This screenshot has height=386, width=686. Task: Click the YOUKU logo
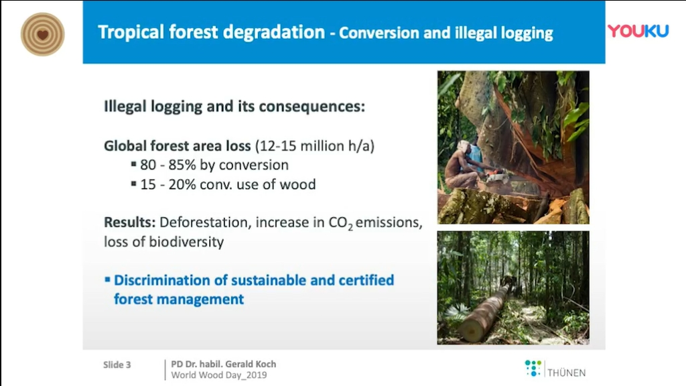pyautogui.click(x=638, y=31)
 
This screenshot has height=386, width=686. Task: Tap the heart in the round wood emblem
pyautogui.click(x=42, y=35)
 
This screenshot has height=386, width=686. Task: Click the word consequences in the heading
pyautogui.click(x=312, y=107)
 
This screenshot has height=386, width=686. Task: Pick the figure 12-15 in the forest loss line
pyautogui.click(x=275, y=145)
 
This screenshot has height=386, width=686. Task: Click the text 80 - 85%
pyautogui.click(x=168, y=165)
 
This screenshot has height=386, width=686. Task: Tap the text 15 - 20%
pyautogui.click(x=168, y=185)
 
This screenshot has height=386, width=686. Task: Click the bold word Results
pyautogui.click(x=129, y=222)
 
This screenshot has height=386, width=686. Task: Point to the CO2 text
pyautogui.click(x=340, y=223)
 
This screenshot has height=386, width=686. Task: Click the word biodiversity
pyautogui.click(x=186, y=242)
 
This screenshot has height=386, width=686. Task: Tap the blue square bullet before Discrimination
pyautogui.click(x=107, y=279)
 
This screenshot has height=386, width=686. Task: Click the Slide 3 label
pyautogui.click(x=117, y=365)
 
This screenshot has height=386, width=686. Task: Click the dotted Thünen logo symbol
pyautogui.click(x=533, y=368)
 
